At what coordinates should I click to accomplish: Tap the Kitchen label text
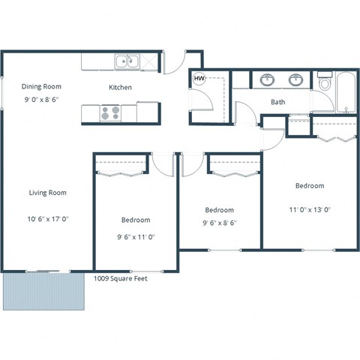pyautogui.click(x=120, y=88)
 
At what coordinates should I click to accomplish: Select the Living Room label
pyautogui.click(x=48, y=193)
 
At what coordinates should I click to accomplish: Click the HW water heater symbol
pyautogui.click(x=199, y=78)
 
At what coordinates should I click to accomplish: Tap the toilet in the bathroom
pyautogui.click(x=325, y=82)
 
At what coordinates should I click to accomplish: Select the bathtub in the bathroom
pyautogui.click(x=346, y=93)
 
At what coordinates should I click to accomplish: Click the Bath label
pyautogui.click(x=277, y=102)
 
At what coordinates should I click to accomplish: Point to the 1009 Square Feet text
pyautogui.click(x=120, y=278)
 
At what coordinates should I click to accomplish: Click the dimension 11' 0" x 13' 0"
pyautogui.click(x=309, y=211)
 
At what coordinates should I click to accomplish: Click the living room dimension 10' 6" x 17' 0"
pyautogui.click(x=48, y=219)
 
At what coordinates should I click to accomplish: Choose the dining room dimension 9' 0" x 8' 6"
pyautogui.click(x=41, y=98)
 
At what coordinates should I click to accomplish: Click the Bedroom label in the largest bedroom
pyautogui.click(x=309, y=185)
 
